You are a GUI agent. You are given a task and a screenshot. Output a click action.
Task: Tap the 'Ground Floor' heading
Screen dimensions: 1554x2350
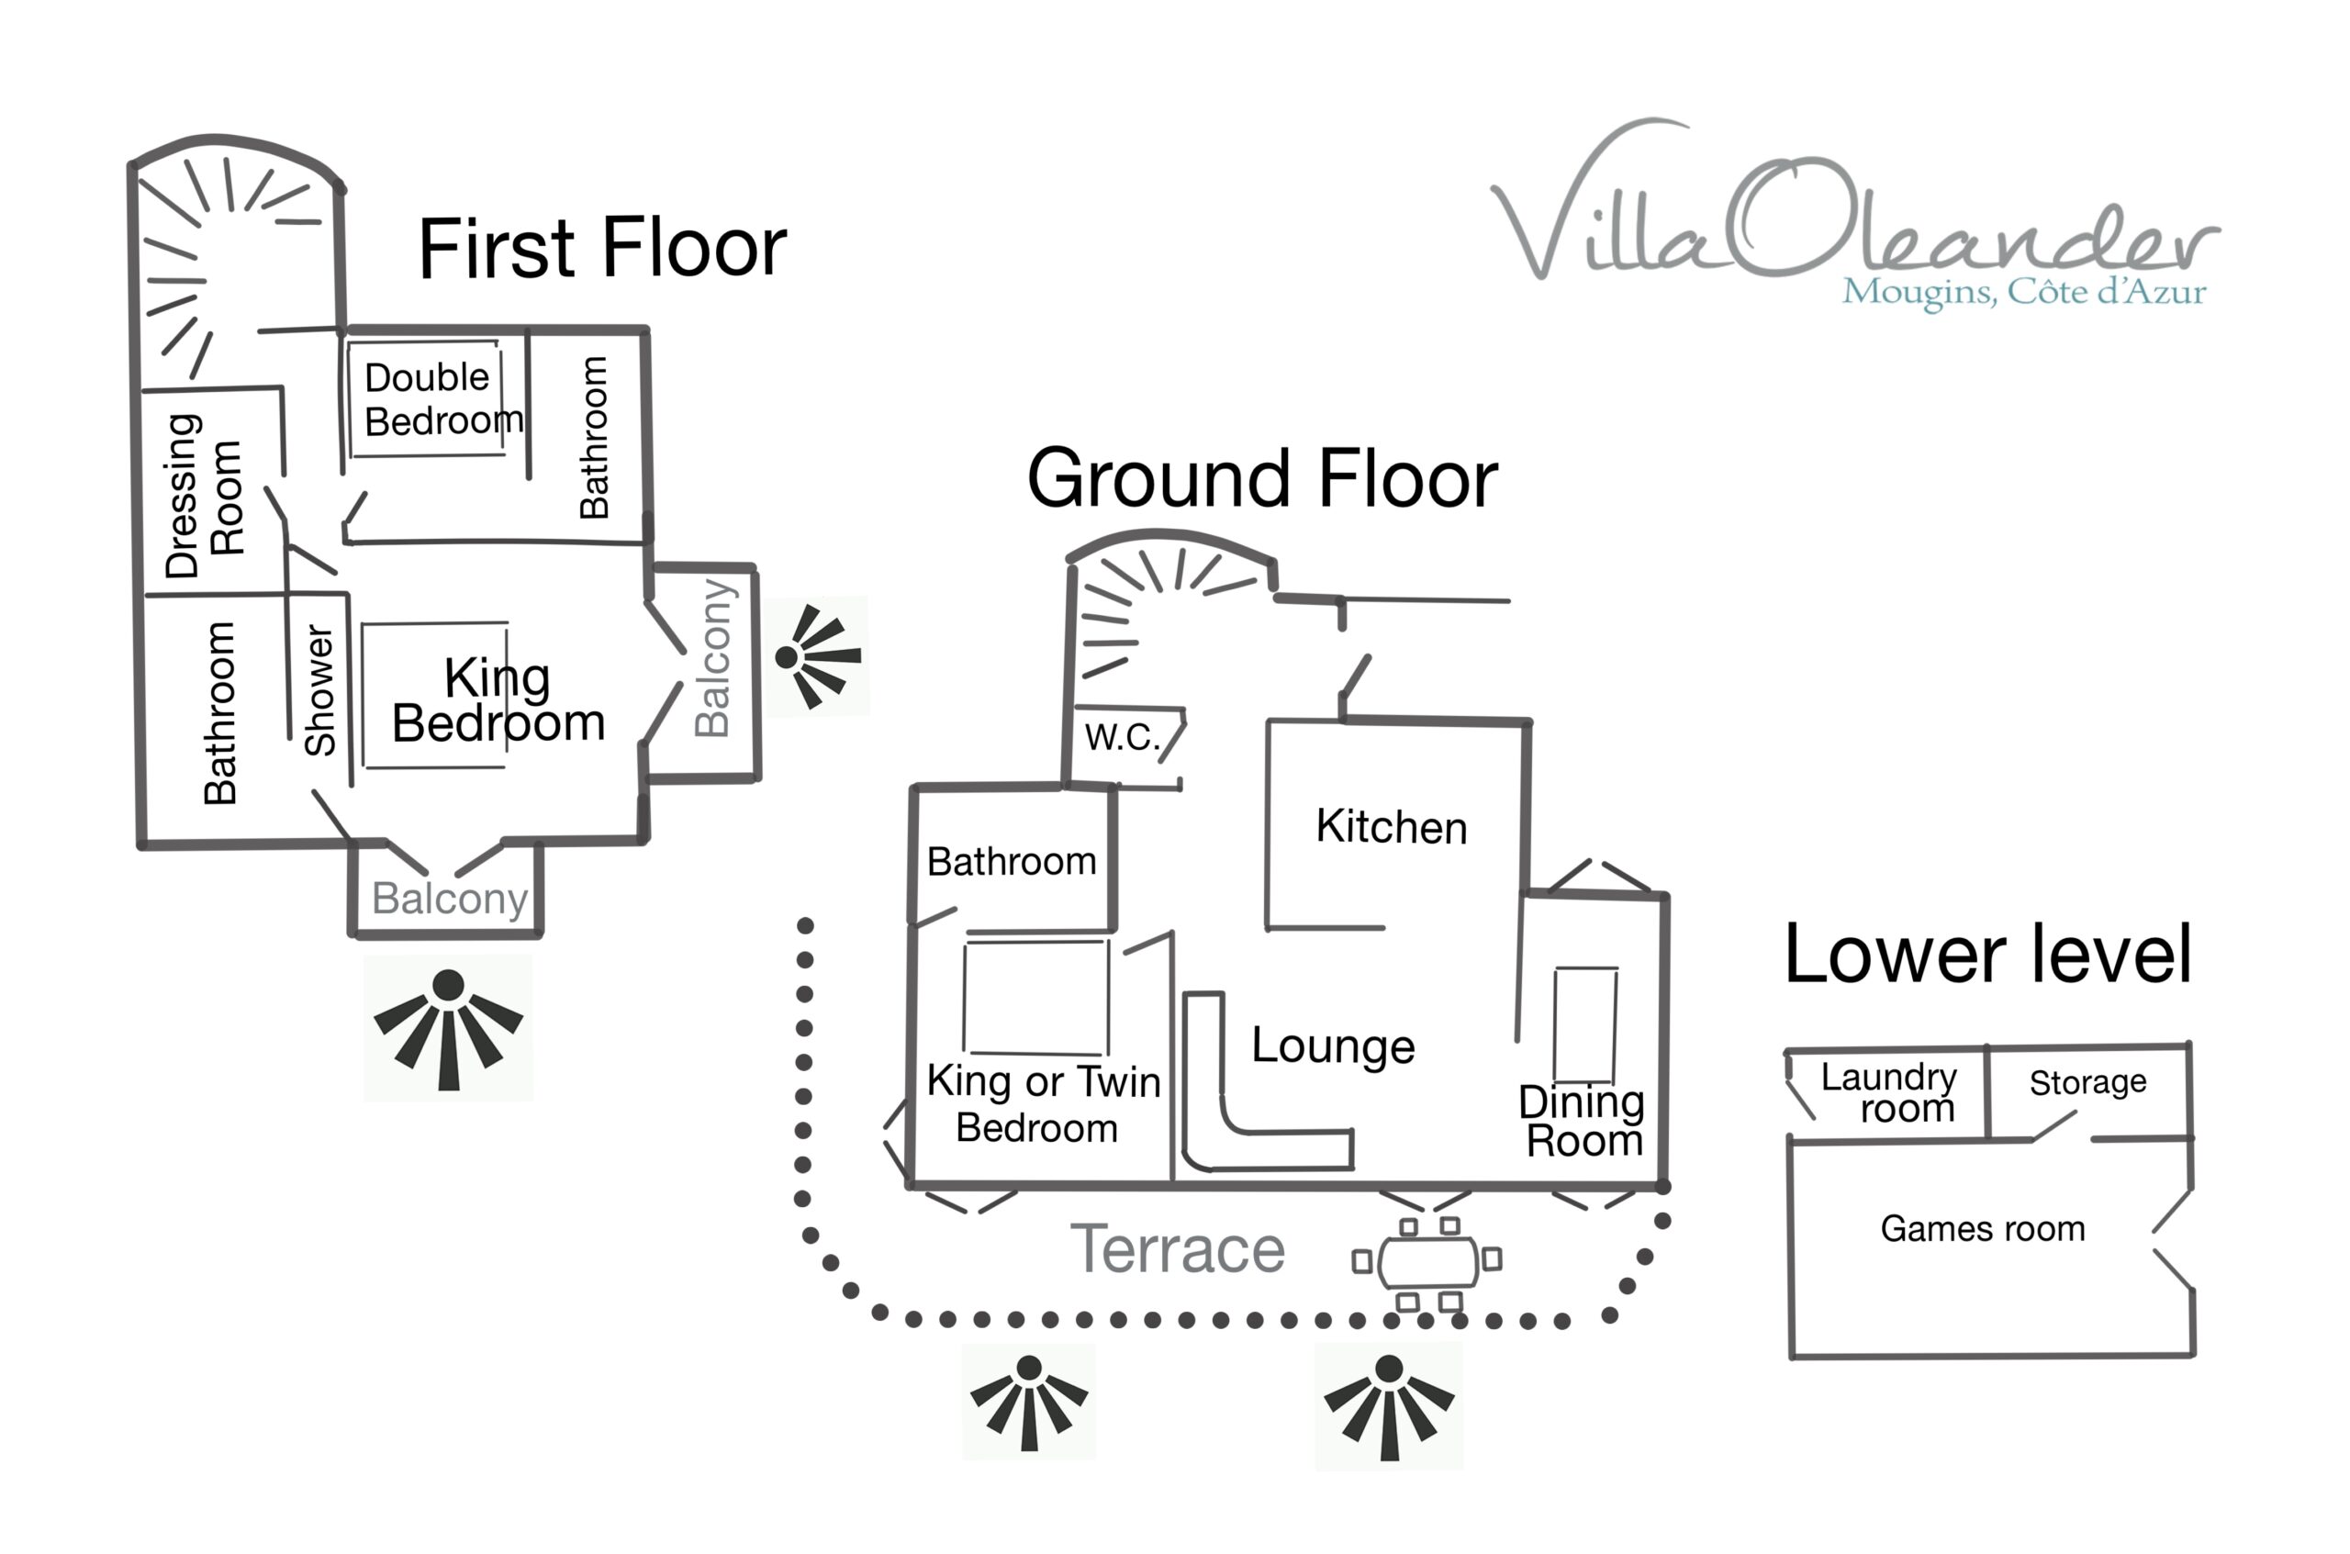[1261, 479]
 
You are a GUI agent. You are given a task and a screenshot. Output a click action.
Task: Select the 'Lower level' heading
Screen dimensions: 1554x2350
[1987, 954]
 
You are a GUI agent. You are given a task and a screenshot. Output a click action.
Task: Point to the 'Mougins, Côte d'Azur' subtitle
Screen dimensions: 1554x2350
[2023, 293]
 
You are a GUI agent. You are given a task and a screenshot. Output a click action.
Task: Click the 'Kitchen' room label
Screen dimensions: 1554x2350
[1391, 826]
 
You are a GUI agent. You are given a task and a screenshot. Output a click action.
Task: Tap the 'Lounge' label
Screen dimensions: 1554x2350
[1332, 1045]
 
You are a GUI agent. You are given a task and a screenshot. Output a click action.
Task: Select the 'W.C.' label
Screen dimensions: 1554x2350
[1121, 737]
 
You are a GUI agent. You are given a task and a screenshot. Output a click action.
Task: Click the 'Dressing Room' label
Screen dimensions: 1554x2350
[203, 496]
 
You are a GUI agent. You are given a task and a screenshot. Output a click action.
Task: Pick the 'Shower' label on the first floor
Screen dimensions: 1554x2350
[319, 691]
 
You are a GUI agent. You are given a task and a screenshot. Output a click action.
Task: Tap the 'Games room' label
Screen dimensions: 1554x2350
[1982, 1229]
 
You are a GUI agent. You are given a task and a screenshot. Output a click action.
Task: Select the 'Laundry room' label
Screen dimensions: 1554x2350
[1887, 1092]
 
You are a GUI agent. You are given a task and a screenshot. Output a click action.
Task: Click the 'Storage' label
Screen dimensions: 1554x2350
[2087, 1082]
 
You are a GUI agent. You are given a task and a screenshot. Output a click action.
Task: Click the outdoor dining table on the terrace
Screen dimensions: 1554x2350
[1427, 1260]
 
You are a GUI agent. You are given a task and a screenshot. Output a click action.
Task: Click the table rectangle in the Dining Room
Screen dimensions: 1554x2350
[1584, 1023]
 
